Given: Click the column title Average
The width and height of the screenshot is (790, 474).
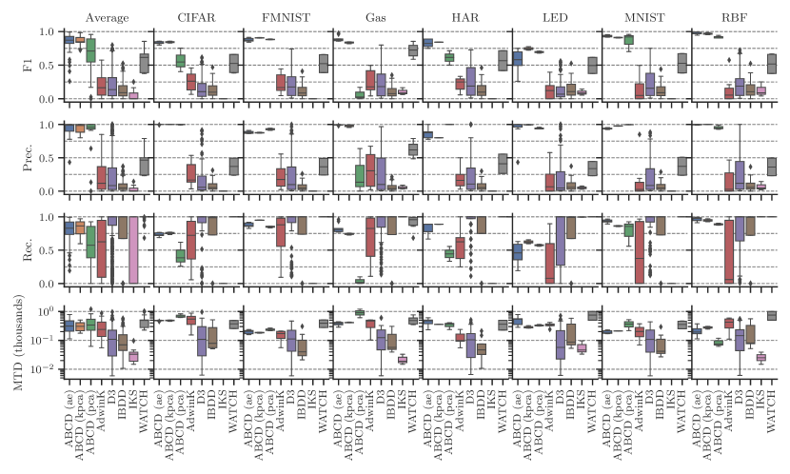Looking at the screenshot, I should click(106, 17).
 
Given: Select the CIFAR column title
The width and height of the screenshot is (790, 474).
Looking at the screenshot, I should click(195, 17).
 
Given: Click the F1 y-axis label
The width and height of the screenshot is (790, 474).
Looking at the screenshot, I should click(28, 65).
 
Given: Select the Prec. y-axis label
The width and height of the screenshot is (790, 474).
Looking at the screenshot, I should click(28, 158).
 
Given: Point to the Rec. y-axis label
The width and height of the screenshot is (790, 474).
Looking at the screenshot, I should click(28, 250).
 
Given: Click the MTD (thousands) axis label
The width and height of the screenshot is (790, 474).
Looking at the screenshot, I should click(28, 343).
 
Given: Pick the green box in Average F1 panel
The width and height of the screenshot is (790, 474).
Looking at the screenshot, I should click(91, 49).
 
